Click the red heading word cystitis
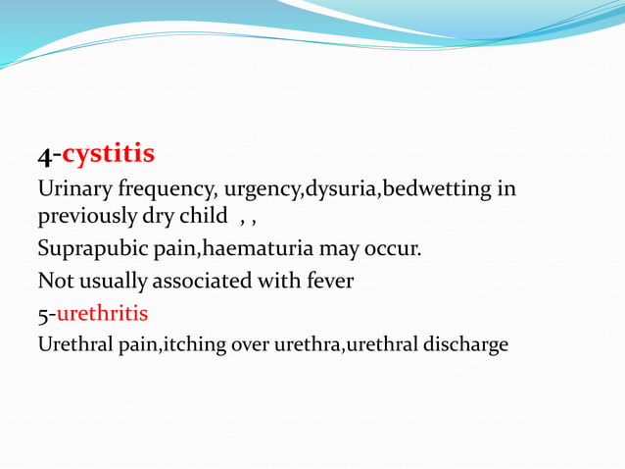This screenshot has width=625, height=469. tap(109, 155)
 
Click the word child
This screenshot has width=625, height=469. tap(202, 214)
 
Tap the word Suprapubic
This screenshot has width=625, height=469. tap(88, 249)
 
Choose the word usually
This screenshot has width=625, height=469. tap(111, 282)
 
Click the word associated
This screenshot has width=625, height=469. tap(202, 282)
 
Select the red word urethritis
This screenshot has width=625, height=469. tap(102, 314)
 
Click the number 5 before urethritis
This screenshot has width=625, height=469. tap(42, 314)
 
